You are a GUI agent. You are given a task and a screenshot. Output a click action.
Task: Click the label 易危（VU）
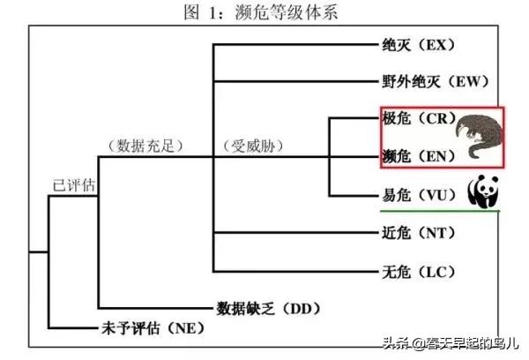click(421, 194)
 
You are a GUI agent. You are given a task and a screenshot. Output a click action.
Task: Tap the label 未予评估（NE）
click(147, 328)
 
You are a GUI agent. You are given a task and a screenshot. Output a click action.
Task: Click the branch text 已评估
click(72, 186)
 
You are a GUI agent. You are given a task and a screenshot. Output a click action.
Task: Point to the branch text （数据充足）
click(141, 145)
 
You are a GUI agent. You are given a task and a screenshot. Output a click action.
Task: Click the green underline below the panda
click(440, 212)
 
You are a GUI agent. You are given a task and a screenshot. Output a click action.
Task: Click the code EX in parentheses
click(442, 44)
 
